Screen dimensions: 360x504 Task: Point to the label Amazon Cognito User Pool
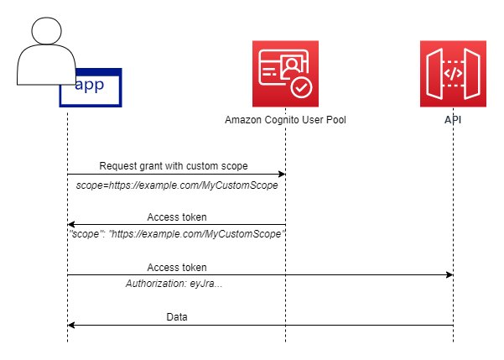click(285, 120)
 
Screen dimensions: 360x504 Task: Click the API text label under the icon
click(453, 120)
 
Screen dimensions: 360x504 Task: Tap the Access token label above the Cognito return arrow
click(177, 217)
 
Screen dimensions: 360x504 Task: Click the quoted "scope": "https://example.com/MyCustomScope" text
click(177, 234)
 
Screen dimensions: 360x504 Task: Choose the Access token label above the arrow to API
click(177, 267)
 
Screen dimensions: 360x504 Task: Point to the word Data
click(177, 317)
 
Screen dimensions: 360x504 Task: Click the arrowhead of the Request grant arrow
click(282, 175)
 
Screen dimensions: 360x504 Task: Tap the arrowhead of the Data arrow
click(71, 326)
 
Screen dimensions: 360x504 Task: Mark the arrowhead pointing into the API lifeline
click(449, 275)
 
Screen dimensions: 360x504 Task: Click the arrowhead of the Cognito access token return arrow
click(71, 225)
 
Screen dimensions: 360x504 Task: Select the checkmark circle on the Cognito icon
click(300, 87)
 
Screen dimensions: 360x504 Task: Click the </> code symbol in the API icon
click(453, 72)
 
